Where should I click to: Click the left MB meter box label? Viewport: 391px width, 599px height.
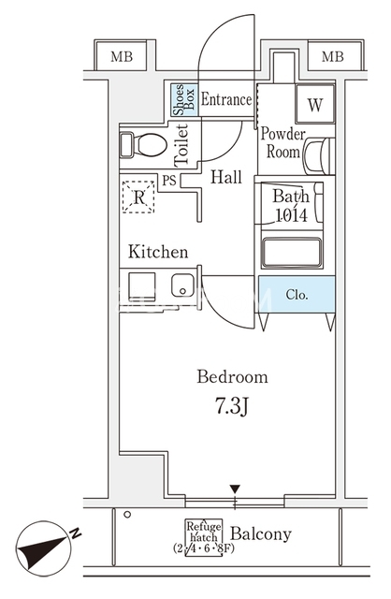(x=122, y=56)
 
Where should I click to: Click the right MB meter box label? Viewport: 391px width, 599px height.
(x=332, y=56)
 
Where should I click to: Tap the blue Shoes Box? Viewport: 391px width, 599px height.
(x=184, y=100)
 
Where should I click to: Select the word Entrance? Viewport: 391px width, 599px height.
(x=226, y=100)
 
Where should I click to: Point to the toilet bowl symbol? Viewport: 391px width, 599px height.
(x=144, y=145)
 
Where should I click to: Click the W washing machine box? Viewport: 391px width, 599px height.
(x=315, y=103)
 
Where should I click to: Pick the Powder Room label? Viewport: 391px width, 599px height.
(x=282, y=143)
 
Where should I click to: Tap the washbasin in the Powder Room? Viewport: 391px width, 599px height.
(x=319, y=156)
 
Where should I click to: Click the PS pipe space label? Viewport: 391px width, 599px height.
(x=169, y=180)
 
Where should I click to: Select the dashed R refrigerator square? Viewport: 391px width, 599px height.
(x=138, y=197)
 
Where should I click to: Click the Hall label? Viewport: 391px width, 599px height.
(x=226, y=177)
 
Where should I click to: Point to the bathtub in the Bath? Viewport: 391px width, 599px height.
(x=292, y=253)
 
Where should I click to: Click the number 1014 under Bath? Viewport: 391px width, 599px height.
(x=292, y=215)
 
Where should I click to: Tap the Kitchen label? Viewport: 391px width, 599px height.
(x=158, y=252)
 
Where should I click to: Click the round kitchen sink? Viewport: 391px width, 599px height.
(x=182, y=285)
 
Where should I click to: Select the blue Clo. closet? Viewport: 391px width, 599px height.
(x=297, y=295)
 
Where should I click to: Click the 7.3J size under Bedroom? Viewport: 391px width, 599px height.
(x=232, y=407)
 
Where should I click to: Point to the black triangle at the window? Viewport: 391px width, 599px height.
(x=235, y=489)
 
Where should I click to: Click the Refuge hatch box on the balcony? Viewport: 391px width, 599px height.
(x=204, y=537)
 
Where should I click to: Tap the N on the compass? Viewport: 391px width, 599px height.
(x=76, y=533)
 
